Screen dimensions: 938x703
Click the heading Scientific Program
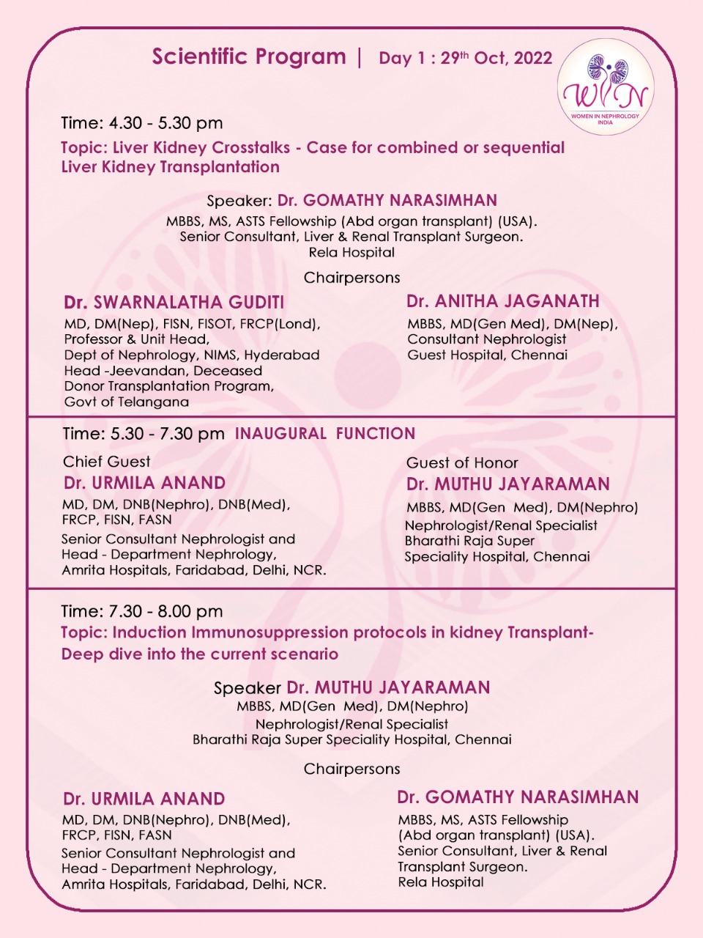coord(249,57)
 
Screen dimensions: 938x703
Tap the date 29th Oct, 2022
coord(496,59)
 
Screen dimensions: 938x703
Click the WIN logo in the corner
coord(605,87)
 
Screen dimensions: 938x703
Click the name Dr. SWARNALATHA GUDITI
coord(174,303)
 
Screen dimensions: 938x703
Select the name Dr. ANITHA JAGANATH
coord(503,301)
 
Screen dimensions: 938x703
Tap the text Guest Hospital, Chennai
coord(487,355)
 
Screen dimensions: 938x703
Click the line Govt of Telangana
coord(127,402)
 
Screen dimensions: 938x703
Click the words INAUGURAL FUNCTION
coord(325,434)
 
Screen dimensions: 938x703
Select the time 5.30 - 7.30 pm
coord(167,434)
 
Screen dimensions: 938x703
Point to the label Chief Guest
coord(107,462)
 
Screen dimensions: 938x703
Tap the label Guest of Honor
coord(462,463)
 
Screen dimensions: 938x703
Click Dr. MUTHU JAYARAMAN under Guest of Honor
coord(508,484)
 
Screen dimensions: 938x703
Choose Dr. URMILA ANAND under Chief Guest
coord(145,483)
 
